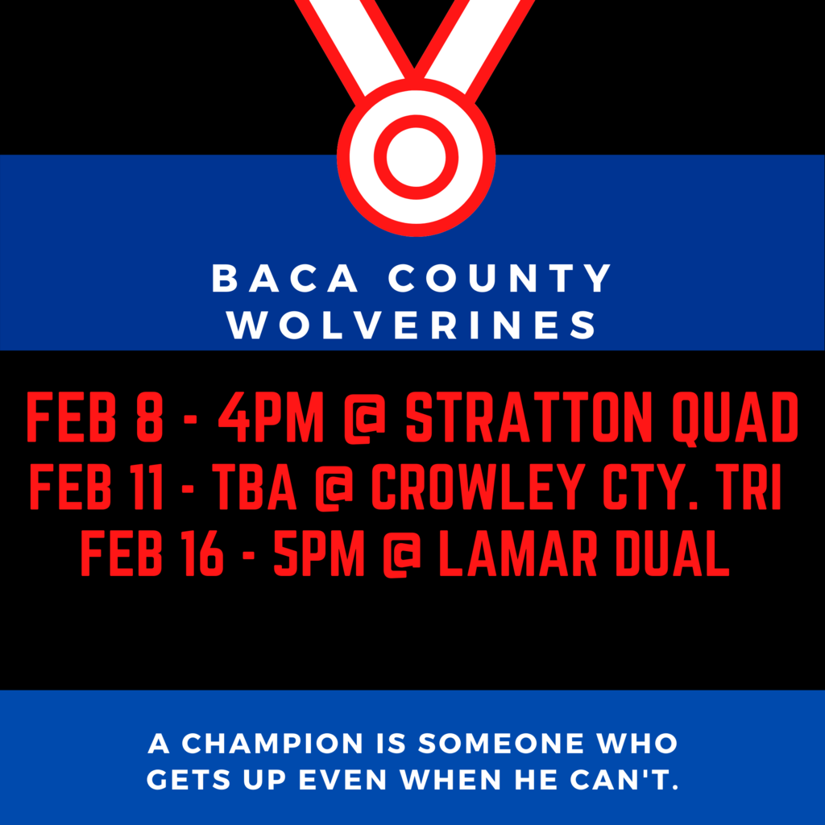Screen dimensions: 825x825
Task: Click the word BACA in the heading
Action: (x=284, y=278)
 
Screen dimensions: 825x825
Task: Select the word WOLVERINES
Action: (x=412, y=325)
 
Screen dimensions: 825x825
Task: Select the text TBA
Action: (x=254, y=487)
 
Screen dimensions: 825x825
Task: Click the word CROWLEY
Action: (x=477, y=487)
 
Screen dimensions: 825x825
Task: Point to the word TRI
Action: (x=752, y=487)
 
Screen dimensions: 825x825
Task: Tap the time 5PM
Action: (x=319, y=553)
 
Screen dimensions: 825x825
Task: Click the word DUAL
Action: (x=673, y=553)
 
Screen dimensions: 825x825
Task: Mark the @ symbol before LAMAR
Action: (x=402, y=554)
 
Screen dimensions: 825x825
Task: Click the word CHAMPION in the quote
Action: (x=272, y=743)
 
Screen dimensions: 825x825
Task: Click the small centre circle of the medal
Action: (x=416, y=157)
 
